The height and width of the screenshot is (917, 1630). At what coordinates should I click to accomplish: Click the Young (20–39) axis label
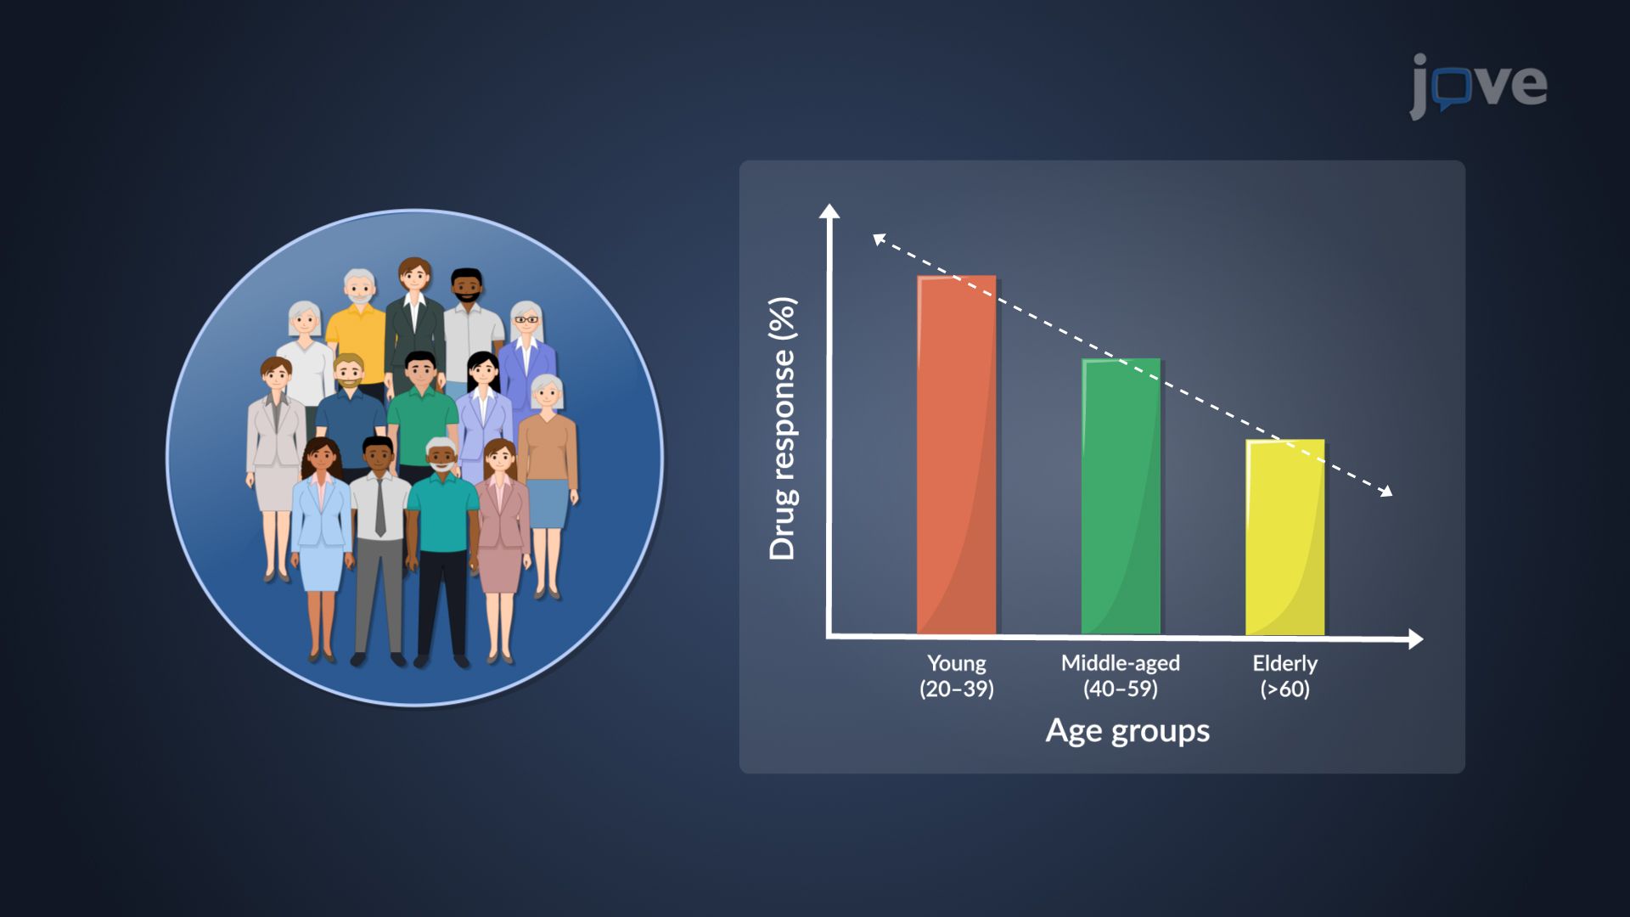click(x=956, y=676)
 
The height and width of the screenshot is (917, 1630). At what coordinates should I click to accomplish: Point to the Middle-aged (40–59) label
click(x=1120, y=676)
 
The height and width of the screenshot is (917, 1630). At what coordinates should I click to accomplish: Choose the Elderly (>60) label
click(x=1284, y=676)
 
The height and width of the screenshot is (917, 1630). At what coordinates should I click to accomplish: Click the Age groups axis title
click(x=1127, y=731)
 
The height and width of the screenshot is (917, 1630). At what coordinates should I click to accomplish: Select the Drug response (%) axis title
click(x=782, y=429)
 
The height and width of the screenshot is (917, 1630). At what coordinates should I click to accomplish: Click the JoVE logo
click(x=1478, y=85)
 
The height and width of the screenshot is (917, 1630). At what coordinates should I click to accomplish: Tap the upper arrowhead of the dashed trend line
click(x=880, y=239)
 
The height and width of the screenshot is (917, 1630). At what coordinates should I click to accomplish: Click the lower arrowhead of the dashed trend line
click(x=1386, y=491)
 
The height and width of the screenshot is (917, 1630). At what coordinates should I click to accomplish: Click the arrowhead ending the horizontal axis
click(x=1415, y=639)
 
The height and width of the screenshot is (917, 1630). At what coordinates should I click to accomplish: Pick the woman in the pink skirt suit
click(x=502, y=526)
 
